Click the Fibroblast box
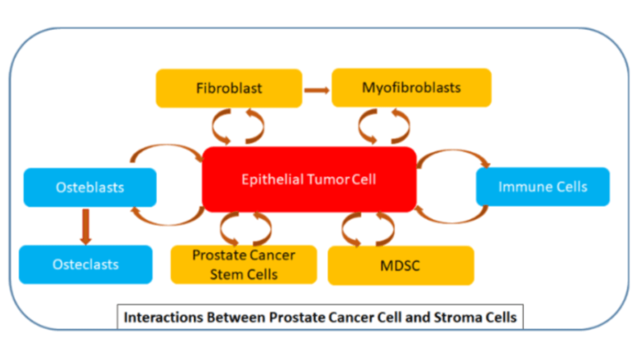pos(229,88)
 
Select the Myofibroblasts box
pos(411,87)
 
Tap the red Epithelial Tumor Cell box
pos(309,179)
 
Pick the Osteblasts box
pos(90,187)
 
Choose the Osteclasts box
pos(85,264)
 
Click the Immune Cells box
pos(543,187)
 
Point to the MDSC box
pos(401,265)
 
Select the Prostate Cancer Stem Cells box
pos(243,264)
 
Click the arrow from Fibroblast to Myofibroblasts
pos(317,90)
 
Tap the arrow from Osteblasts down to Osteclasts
pos(85,227)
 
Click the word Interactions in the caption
pos(163,317)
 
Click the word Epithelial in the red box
pos(272,180)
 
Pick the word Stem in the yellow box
pos(225,274)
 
